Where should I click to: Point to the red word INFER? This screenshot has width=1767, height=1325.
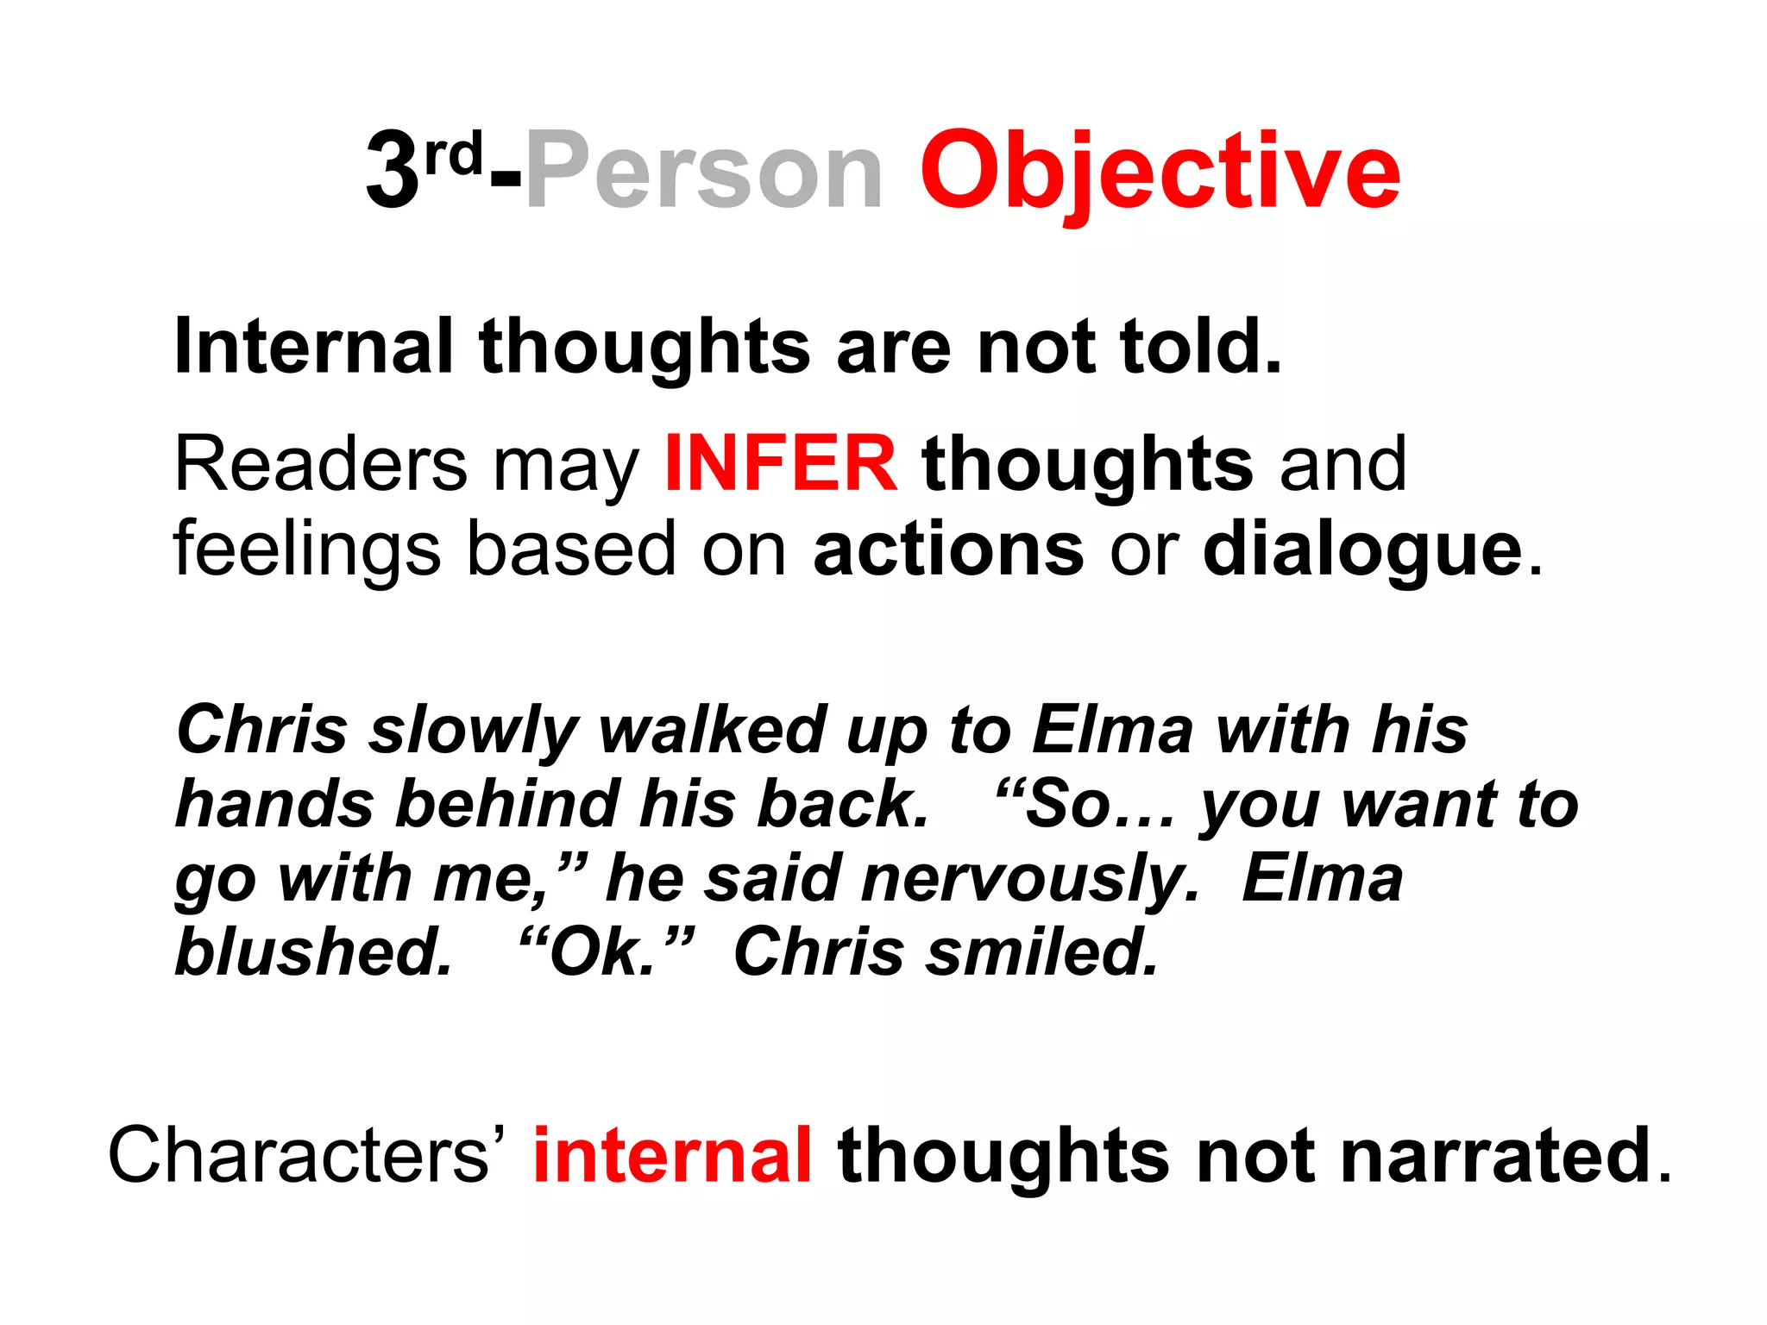pos(781,464)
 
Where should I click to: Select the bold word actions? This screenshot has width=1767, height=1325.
pos(948,549)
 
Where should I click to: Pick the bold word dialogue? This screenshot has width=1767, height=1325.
pos(1363,549)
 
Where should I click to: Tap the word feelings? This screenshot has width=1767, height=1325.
pos(306,549)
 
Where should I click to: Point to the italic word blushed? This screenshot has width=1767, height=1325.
pos(314,952)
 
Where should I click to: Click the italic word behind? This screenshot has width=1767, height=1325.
pos(508,804)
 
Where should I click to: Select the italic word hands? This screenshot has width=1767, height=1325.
pos(275,804)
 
